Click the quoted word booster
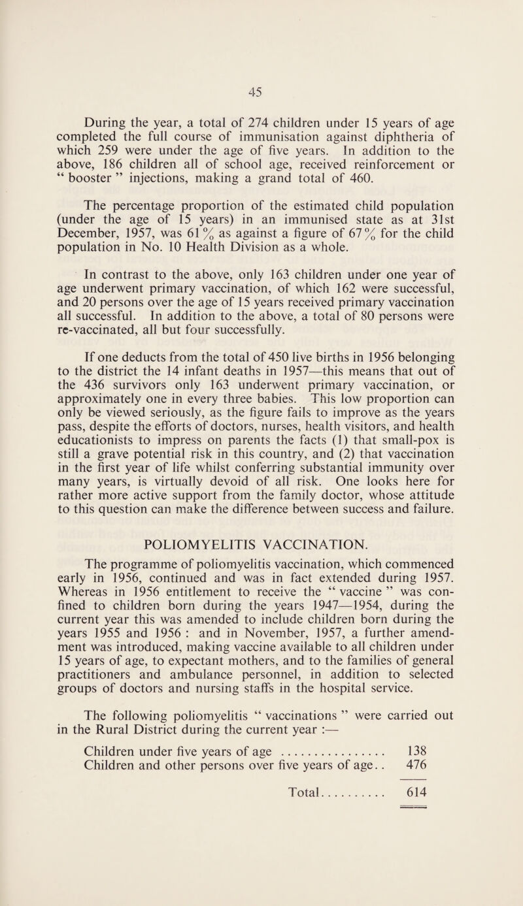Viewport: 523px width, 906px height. point(80,175)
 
